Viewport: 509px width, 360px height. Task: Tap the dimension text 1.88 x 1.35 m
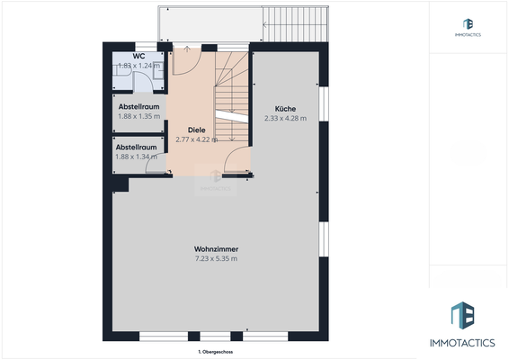point(138,116)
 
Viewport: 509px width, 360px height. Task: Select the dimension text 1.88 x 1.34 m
point(138,157)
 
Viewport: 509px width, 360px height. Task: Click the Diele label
point(184,129)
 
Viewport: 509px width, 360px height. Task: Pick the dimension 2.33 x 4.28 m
point(285,118)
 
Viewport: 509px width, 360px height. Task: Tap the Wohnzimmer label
point(216,249)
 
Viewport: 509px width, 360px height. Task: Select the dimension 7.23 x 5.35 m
point(216,259)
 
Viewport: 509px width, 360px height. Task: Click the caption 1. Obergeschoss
point(216,352)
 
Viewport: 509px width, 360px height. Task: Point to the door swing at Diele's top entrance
point(186,58)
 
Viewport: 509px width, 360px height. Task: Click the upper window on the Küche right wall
point(324,106)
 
